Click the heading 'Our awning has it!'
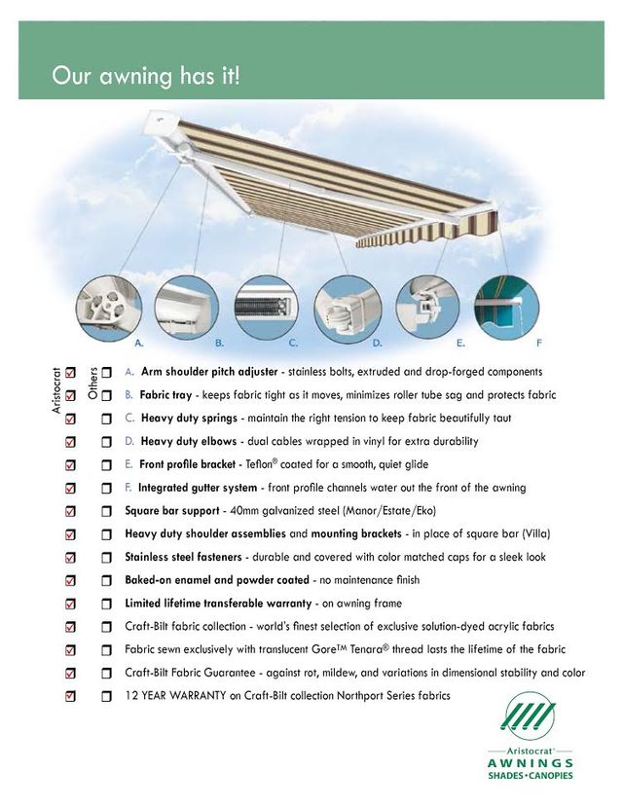[x=145, y=76]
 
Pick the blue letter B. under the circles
[x=220, y=344]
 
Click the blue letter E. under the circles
[x=460, y=344]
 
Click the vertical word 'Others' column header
[x=92, y=384]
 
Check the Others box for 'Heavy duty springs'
[x=106, y=419]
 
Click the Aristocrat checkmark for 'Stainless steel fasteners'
[x=69, y=558]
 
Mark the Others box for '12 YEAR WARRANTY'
[x=106, y=697]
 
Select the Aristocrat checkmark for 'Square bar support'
[x=69, y=511]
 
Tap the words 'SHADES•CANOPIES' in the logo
[x=530, y=776]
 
